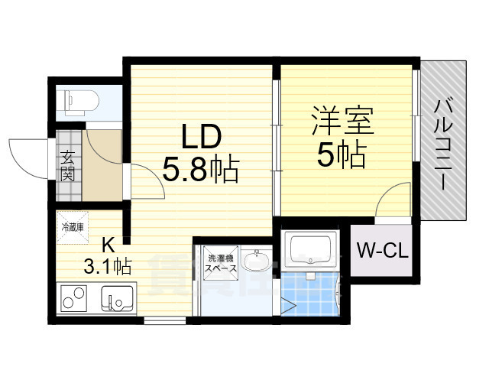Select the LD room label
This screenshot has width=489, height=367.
pyautogui.click(x=201, y=138)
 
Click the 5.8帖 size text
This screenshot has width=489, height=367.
pyautogui.click(x=201, y=168)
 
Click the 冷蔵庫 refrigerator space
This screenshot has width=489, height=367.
pyautogui.click(x=73, y=226)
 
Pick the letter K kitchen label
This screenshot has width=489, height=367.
pyautogui.click(x=108, y=245)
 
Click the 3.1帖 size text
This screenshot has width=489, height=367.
pyautogui.click(x=108, y=266)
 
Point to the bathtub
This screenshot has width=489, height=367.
pyautogui.click(x=309, y=249)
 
